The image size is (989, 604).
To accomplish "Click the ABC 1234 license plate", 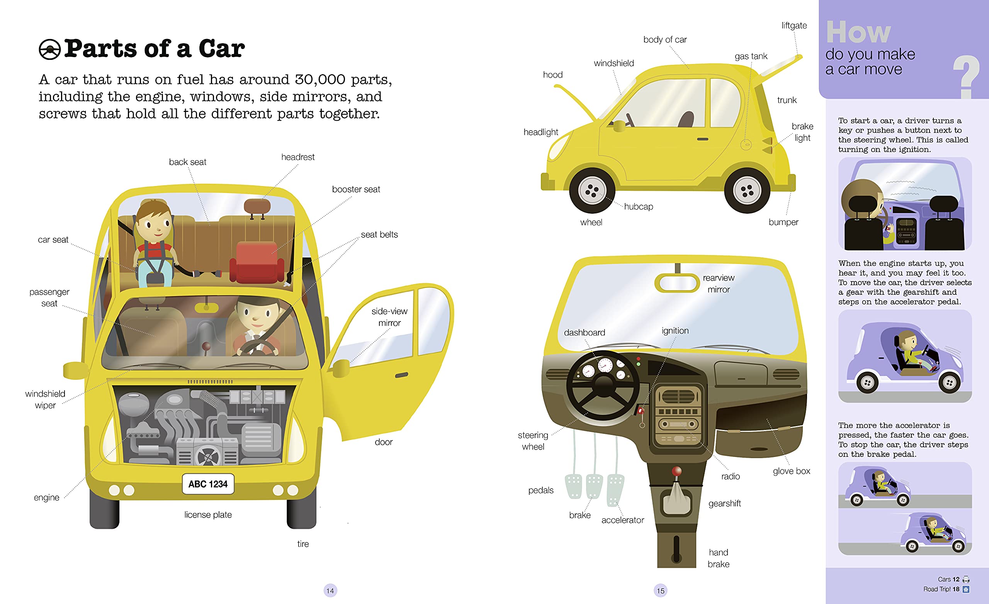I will pyautogui.click(x=208, y=484).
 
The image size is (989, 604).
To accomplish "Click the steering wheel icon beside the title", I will pyautogui.click(x=50, y=50).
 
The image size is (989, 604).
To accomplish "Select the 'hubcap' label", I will pyautogui.click(x=638, y=206).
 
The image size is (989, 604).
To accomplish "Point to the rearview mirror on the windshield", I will pyautogui.click(x=677, y=283).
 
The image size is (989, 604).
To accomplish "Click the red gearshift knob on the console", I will pyautogui.click(x=677, y=471).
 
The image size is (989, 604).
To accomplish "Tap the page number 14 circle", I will pyautogui.click(x=330, y=590).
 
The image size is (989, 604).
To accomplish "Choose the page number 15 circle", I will pyautogui.click(x=660, y=590).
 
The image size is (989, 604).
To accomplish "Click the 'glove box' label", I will pyautogui.click(x=791, y=471).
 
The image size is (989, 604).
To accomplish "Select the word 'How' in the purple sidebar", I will pyautogui.click(x=858, y=32).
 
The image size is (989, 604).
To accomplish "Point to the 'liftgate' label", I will pyautogui.click(x=794, y=26).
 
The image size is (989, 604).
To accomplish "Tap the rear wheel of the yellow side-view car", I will pyautogui.click(x=747, y=191).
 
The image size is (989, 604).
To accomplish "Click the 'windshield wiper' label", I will pyautogui.click(x=45, y=399).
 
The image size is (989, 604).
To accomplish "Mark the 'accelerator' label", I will pyautogui.click(x=622, y=520).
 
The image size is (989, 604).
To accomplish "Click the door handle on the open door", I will pyautogui.click(x=401, y=376).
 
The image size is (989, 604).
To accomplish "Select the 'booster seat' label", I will pyautogui.click(x=356, y=189).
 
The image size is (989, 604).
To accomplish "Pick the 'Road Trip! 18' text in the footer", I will pyautogui.click(x=941, y=589).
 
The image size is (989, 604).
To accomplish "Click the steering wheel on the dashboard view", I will pyautogui.click(x=603, y=386).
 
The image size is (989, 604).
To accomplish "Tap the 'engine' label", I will pyautogui.click(x=47, y=498).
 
